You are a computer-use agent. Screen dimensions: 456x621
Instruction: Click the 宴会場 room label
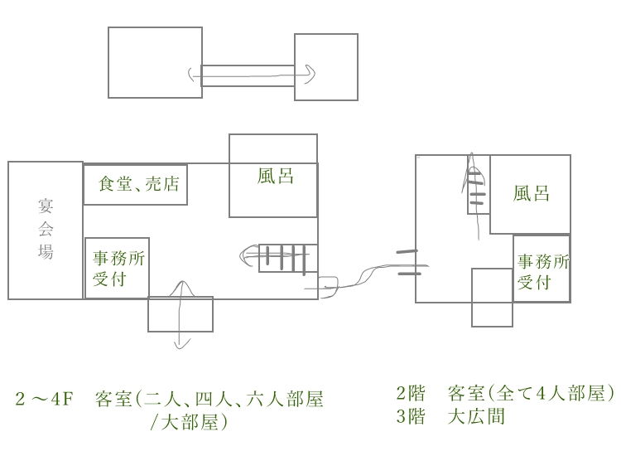pyautogui.click(x=46, y=228)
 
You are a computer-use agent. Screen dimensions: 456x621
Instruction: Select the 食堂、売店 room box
pyautogui.click(x=135, y=185)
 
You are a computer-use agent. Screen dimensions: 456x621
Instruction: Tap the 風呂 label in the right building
pyautogui.click(x=531, y=194)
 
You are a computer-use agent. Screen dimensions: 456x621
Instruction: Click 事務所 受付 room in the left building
pyautogui.click(x=118, y=268)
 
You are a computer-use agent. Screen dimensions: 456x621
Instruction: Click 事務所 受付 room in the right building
pyautogui.click(x=542, y=269)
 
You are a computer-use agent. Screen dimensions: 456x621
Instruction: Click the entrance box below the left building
pyautogui.click(x=181, y=314)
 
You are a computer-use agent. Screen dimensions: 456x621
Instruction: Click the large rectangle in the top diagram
pyautogui.click(x=155, y=62)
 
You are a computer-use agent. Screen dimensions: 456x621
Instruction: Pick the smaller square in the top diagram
pyautogui.click(x=326, y=67)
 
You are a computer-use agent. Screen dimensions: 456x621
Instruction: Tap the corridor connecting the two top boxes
pyautogui.click(x=248, y=75)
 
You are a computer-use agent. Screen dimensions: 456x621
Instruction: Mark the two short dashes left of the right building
pyautogui.click(x=407, y=262)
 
